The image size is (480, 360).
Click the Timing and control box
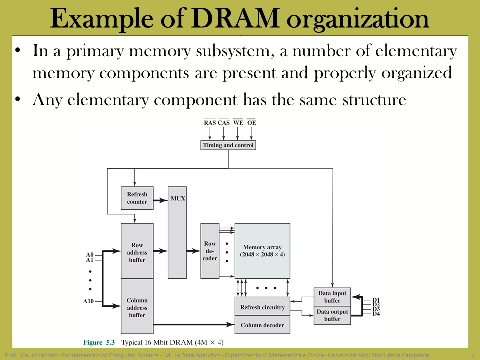point(228,145)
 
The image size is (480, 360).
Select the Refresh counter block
point(137,198)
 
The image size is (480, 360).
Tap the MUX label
point(178,198)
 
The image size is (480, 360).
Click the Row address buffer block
point(137,251)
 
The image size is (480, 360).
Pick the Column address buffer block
point(137,306)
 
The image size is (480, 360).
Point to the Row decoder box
point(210,251)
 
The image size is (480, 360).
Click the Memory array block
point(262,251)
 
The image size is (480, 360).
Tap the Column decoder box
point(262,325)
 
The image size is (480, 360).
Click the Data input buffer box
point(332,297)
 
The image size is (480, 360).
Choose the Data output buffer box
point(332,315)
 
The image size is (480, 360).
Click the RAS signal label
point(210,123)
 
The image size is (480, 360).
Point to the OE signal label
point(251,123)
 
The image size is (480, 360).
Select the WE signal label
point(238,123)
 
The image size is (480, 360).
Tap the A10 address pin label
point(89,301)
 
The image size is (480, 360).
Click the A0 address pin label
point(90,254)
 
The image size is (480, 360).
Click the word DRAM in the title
point(235,18)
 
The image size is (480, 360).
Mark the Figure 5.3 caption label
point(99,342)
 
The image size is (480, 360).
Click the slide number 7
point(473,355)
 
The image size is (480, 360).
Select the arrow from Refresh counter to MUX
point(160,201)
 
